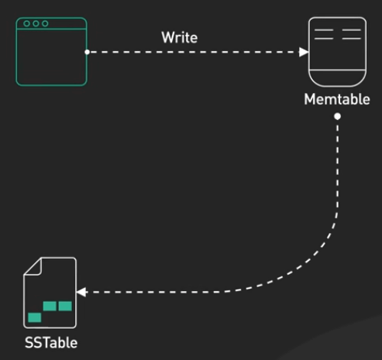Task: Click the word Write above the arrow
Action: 180,38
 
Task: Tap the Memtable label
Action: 337,99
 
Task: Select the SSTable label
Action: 51,343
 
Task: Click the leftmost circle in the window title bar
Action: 26,24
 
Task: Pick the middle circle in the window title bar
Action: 36,24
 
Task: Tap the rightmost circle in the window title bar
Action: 45,24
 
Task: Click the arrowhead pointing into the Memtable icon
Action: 304,52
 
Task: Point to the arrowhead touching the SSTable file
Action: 81,292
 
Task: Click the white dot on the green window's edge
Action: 87,52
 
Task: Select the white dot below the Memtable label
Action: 337,116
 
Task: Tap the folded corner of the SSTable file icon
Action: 34,267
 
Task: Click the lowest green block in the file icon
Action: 34,317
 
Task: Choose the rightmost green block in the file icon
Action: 65,306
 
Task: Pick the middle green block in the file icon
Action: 50,306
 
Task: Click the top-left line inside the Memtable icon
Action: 324,30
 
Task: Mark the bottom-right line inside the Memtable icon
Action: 351,39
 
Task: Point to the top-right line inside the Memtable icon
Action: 351,30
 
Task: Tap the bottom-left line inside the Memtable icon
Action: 324,39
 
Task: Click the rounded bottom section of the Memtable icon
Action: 337,77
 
